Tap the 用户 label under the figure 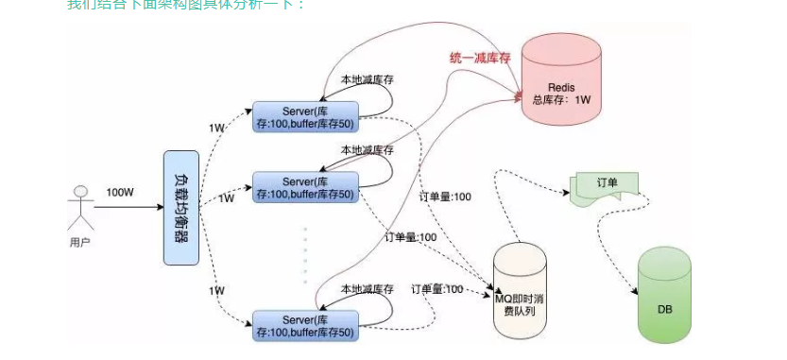(81, 243)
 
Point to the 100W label (120, 191)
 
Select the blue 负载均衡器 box (181, 207)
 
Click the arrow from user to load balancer (128, 207)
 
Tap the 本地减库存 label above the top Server (368, 80)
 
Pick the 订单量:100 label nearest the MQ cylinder (437, 288)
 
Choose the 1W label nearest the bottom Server (216, 290)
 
